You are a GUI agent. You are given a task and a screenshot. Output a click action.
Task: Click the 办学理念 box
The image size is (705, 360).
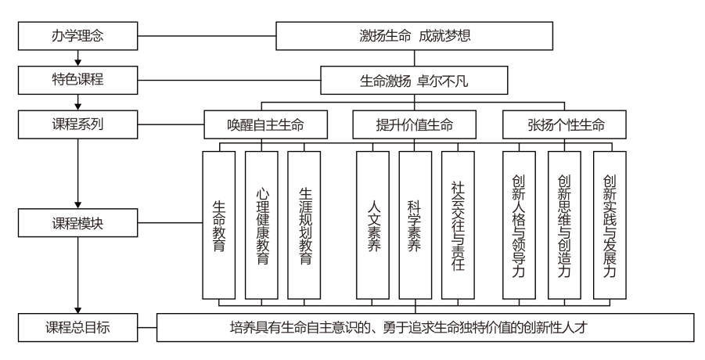(77, 34)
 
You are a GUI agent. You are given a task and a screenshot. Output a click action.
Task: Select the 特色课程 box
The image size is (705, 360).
(77, 79)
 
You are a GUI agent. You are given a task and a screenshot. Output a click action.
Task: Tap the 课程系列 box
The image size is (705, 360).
(77, 124)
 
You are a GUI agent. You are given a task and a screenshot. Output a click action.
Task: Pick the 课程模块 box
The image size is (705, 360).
(77, 223)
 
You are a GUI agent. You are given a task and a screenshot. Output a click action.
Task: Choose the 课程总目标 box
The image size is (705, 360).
(77, 327)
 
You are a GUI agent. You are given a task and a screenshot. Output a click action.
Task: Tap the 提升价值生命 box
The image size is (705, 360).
(414, 124)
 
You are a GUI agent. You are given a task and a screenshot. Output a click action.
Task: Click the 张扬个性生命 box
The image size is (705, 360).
(565, 124)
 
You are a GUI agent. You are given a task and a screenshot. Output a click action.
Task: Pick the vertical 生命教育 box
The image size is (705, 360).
(219, 223)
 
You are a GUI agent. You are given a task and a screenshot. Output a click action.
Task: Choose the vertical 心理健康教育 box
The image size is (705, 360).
(261, 223)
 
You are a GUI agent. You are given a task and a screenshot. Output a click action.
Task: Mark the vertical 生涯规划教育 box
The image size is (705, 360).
(304, 223)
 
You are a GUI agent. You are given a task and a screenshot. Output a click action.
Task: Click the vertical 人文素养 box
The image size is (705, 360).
(372, 223)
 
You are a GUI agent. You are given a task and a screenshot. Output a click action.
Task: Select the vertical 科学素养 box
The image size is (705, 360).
(415, 223)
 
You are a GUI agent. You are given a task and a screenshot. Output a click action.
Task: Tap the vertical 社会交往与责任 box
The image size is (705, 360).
(458, 223)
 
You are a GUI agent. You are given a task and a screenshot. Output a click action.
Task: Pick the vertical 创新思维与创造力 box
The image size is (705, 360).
(565, 223)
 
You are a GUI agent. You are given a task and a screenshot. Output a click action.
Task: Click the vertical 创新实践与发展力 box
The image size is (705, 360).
(609, 223)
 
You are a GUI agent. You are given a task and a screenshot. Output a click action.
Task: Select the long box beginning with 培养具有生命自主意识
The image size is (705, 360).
(426, 327)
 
